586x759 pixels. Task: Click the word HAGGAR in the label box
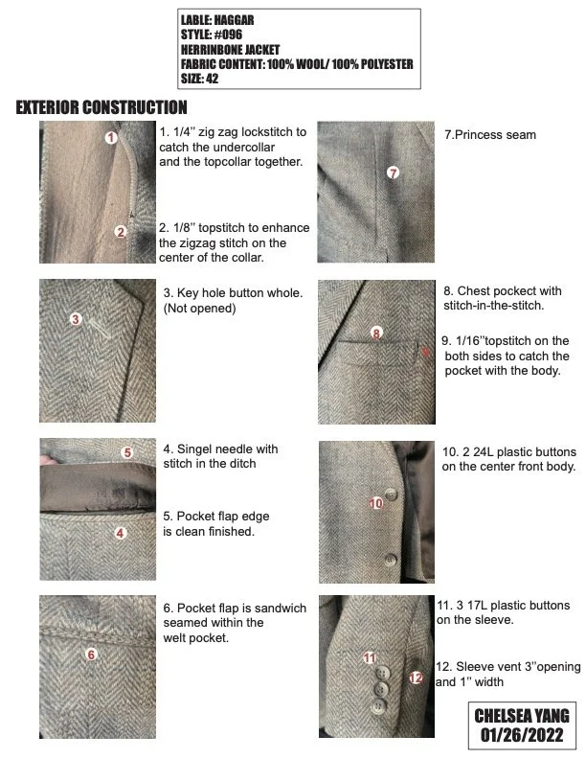pos(234,20)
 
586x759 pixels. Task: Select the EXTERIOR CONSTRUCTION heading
pos(101,107)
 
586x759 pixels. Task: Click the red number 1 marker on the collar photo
pos(111,137)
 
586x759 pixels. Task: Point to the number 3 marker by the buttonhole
pos(76,319)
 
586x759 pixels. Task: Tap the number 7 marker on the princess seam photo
pos(394,172)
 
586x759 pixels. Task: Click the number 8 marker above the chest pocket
pos(376,333)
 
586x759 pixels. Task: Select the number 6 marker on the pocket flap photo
pos(91,655)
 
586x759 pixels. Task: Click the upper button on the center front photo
pos(391,494)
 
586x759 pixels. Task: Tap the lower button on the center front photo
pos(390,560)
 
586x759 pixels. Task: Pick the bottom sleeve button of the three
pos(379,706)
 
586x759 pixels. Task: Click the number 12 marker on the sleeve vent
pos(416,678)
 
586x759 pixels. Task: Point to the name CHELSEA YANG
pos(522,716)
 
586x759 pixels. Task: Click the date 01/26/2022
pos(522,735)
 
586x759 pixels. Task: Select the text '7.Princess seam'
pos(490,135)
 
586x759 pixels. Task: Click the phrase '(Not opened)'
pos(200,309)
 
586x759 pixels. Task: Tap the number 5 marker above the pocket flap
pos(127,452)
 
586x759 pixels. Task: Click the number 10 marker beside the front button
pos(376,503)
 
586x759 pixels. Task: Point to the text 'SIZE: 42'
pos(200,79)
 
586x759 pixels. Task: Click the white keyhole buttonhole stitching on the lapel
pos(101,329)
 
